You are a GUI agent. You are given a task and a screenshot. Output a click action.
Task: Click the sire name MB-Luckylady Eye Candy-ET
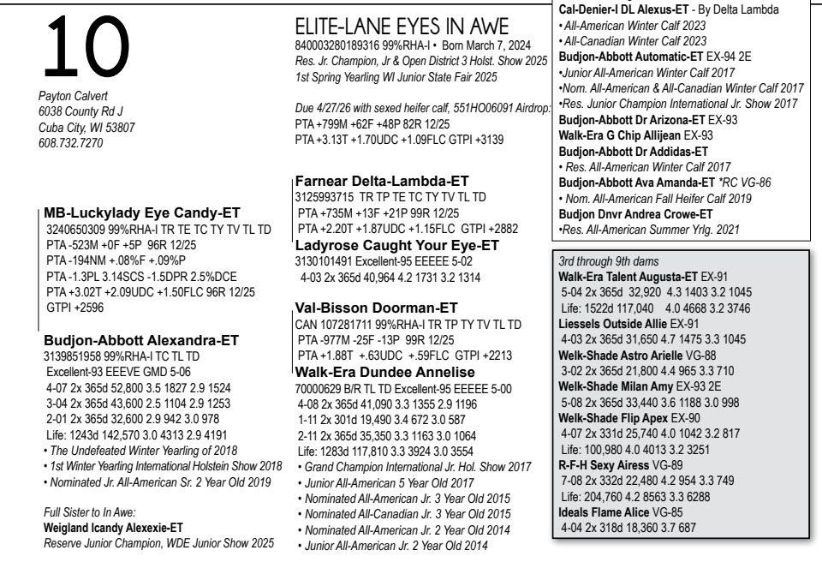pyautogui.click(x=141, y=212)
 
